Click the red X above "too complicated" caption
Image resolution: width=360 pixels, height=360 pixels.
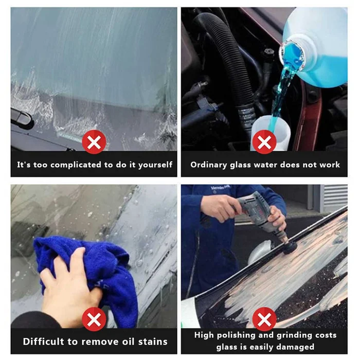click(x=94, y=142)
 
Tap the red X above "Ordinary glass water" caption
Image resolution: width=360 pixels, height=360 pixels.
click(x=264, y=142)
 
